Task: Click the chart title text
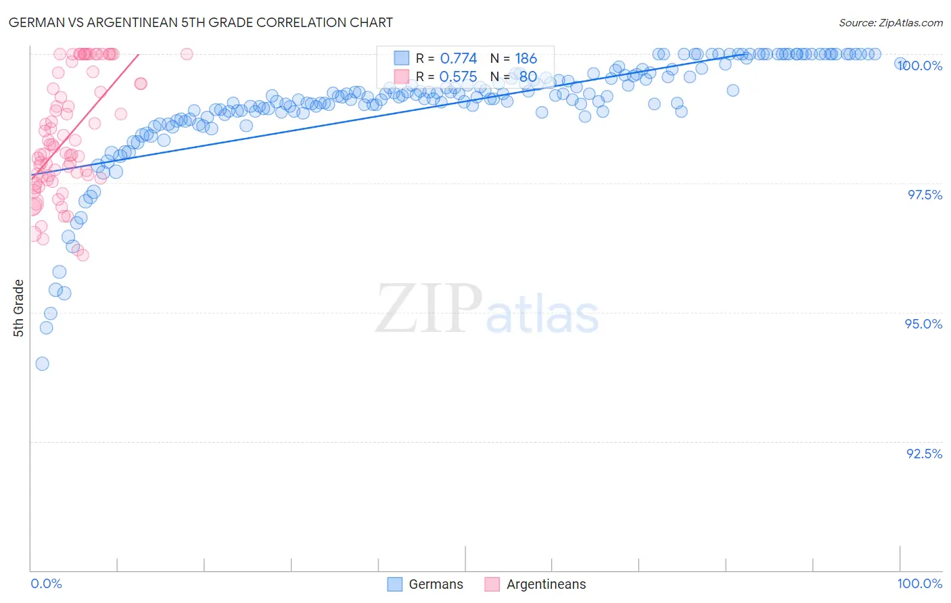tap(200, 22)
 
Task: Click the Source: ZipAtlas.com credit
tap(890, 22)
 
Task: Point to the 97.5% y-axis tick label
tap(925, 195)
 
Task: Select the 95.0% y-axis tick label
tap(924, 324)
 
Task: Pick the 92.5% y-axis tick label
tap(925, 454)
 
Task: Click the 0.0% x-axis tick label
tap(46, 583)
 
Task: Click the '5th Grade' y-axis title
tap(19, 308)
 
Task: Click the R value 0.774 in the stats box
tap(458, 59)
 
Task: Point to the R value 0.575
tap(458, 77)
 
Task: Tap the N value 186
tap(526, 59)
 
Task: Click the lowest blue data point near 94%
tap(42, 364)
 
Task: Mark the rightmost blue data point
tap(900, 64)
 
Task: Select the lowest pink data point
tap(83, 255)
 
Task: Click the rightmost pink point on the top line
tap(187, 54)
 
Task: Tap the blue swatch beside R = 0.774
tap(402, 58)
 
